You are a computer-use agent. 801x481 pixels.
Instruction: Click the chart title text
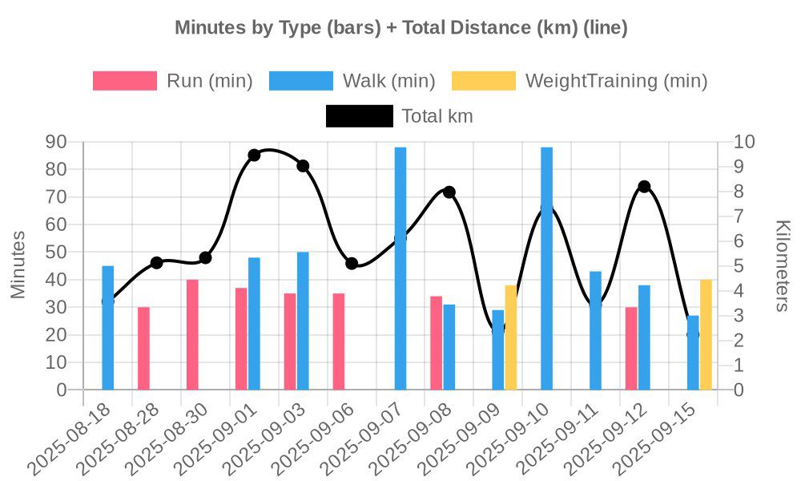pyautogui.click(x=400, y=28)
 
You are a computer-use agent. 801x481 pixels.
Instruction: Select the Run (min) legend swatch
pyautogui.click(x=125, y=81)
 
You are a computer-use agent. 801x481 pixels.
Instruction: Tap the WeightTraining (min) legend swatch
pyautogui.click(x=484, y=81)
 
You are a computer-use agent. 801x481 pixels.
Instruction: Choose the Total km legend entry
pyautogui.click(x=360, y=116)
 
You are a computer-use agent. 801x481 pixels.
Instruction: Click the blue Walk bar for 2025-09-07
pyautogui.click(x=400, y=269)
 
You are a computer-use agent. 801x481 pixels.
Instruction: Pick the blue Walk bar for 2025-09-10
pyautogui.click(x=546, y=269)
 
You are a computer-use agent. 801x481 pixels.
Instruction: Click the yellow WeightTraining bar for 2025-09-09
pyautogui.click(x=511, y=338)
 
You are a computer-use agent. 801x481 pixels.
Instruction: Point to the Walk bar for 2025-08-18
pyautogui.click(x=108, y=328)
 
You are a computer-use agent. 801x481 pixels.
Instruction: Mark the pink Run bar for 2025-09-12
pyautogui.click(x=631, y=348)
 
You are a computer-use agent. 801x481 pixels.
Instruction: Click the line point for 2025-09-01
pyautogui.click(x=254, y=155)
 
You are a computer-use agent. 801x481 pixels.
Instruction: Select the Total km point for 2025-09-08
pyautogui.click(x=449, y=192)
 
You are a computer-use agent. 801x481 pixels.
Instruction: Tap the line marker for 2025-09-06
pyautogui.click(x=352, y=263)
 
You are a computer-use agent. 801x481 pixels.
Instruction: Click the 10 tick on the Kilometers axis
pyautogui.click(x=744, y=142)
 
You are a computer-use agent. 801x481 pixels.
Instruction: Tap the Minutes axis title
pyautogui.click(x=18, y=265)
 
